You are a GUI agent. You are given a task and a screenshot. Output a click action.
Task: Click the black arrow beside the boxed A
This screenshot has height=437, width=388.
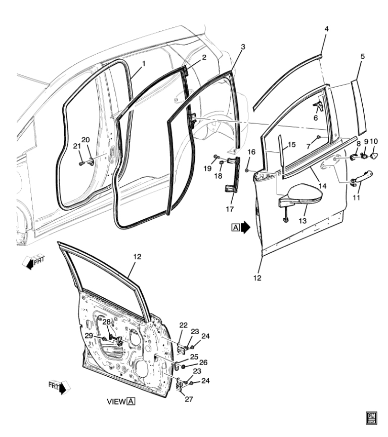(x=246, y=228)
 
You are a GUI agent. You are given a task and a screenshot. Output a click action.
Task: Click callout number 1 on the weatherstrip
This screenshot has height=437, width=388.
(x=143, y=64)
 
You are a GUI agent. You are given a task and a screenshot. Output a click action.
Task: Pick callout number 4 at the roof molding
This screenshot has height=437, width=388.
(x=326, y=29)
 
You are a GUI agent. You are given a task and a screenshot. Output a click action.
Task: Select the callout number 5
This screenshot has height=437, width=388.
(x=362, y=58)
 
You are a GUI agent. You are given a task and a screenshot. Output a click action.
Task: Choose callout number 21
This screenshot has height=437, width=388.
(x=77, y=146)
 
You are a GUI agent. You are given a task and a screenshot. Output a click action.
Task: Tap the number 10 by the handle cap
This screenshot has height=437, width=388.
(x=374, y=141)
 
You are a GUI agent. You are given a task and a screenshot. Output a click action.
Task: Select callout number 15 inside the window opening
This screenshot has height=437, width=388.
(x=291, y=145)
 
